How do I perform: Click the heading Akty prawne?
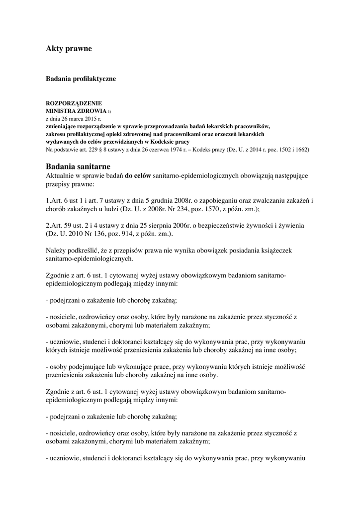[69, 49]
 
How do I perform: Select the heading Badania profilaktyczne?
[81, 79]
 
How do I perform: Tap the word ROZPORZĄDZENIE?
[74, 103]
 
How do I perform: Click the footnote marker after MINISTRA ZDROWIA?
[110, 111]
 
